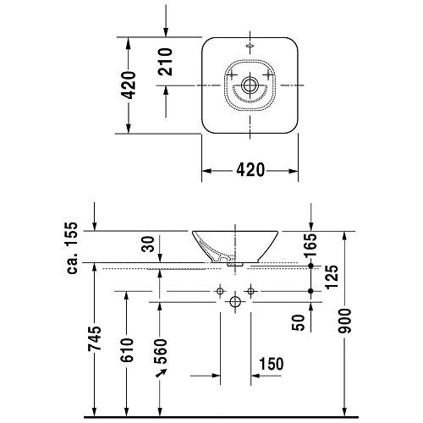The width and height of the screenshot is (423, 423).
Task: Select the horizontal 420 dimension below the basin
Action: point(250,170)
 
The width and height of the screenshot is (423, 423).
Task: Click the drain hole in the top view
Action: point(250,85)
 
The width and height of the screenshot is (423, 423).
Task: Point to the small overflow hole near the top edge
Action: point(250,42)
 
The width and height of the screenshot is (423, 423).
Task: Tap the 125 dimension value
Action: point(332,277)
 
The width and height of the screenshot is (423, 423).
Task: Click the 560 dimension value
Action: point(161,349)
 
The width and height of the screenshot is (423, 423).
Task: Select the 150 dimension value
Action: point(272,364)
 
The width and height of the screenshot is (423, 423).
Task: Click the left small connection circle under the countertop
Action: point(220,291)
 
